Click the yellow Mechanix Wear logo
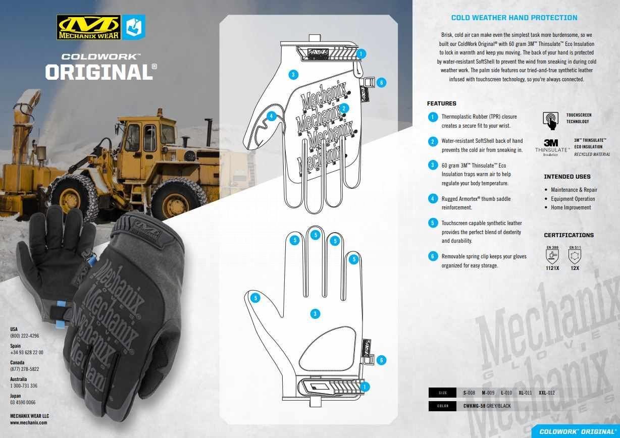(x=88, y=27)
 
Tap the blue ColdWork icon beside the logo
(x=134, y=27)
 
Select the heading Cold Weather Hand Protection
(x=514, y=18)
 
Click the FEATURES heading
(x=441, y=103)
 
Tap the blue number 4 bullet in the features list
(x=433, y=199)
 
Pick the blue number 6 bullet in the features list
(x=433, y=256)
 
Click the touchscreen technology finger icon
(x=550, y=121)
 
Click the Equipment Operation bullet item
(x=573, y=199)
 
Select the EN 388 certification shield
(x=552, y=255)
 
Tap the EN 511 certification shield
(x=575, y=255)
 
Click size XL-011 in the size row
(x=525, y=393)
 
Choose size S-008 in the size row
(x=469, y=393)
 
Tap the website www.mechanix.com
(x=28, y=422)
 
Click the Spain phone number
(x=27, y=352)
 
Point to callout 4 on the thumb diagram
(x=271, y=116)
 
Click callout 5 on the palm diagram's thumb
(x=255, y=298)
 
